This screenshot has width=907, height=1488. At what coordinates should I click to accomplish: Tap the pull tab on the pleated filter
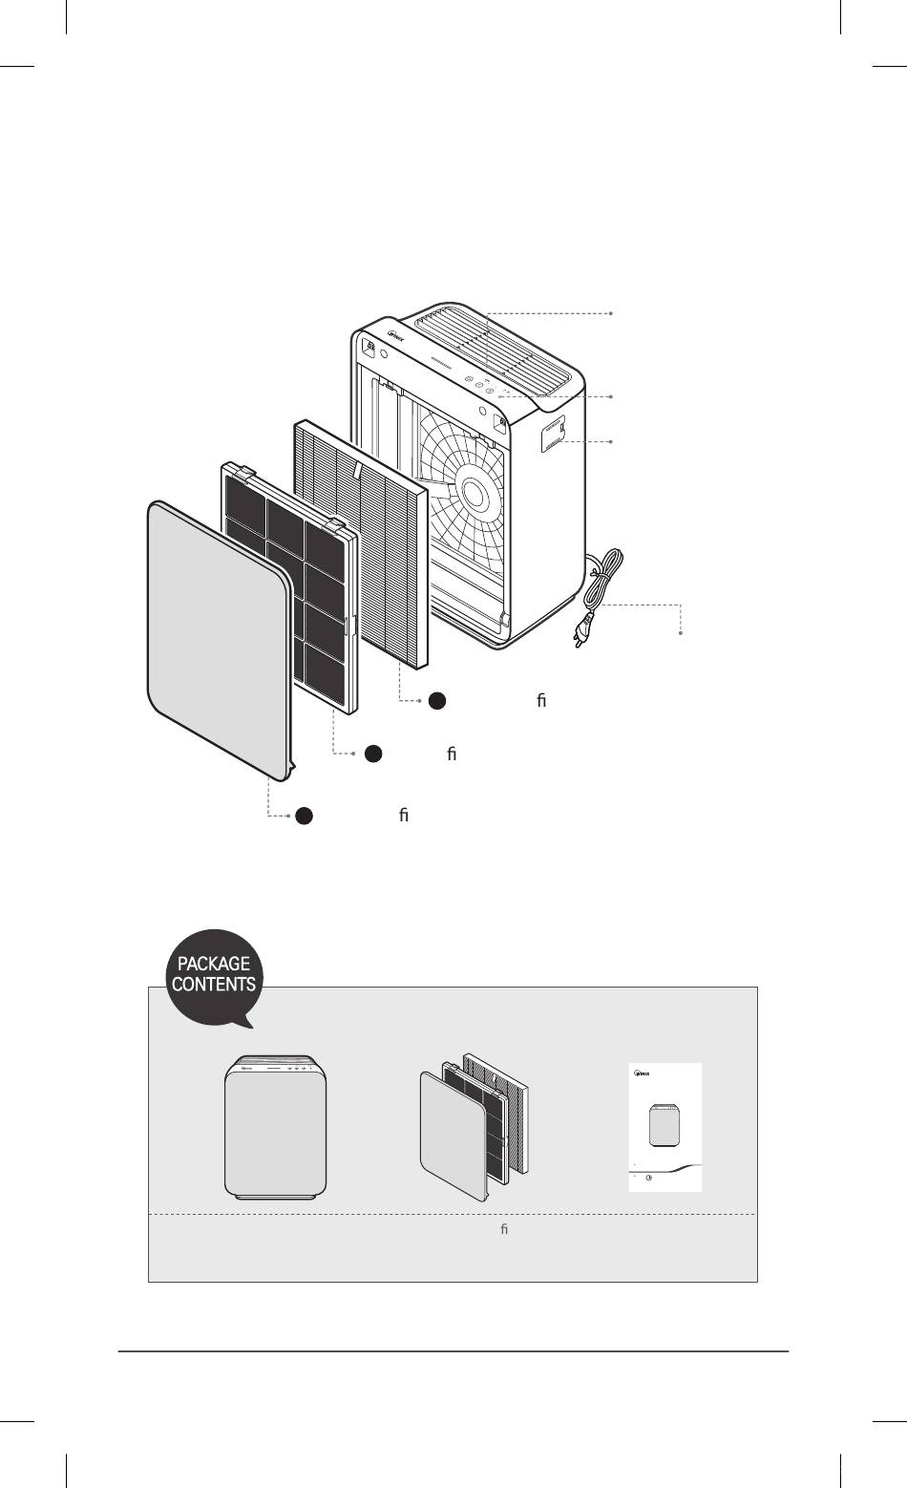coord(356,469)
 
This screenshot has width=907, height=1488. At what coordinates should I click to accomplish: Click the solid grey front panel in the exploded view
coord(218,630)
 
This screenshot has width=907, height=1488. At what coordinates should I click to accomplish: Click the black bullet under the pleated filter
coord(436,700)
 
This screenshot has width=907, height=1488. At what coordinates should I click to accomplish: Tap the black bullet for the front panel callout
coord(303,816)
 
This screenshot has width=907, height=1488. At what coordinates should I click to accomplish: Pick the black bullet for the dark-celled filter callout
coord(373,754)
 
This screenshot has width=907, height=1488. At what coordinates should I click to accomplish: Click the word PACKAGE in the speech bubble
coord(214,963)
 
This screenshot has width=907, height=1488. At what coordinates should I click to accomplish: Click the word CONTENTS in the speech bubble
coord(214,983)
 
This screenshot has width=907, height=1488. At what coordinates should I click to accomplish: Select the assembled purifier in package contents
coord(275,1127)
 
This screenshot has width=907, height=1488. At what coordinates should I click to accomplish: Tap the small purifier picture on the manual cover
coord(664,1125)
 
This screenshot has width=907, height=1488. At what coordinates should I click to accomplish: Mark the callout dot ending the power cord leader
coord(682,633)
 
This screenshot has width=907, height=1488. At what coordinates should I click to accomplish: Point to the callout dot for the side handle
coord(611,441)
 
